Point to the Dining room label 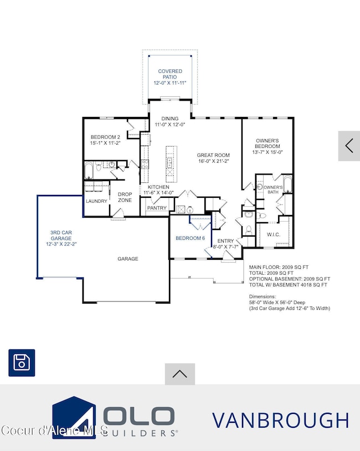[170, 122]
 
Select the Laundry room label [96, 201]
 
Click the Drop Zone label [125, 197]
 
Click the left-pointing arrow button [349, 146]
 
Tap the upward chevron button [179, 374]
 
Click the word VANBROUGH [280, 421]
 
